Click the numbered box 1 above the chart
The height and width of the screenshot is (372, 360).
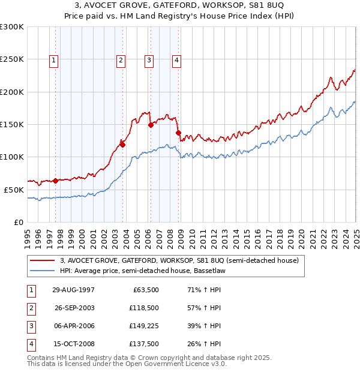[x=54, y=59]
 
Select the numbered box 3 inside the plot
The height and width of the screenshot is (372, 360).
[x=148, y=59]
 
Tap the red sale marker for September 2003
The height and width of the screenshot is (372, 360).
[x=122, y=144]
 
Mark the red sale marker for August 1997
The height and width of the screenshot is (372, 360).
[x=56, y=181]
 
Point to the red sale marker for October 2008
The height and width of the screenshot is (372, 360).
[x=178, y=133]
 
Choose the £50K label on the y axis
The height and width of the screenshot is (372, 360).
[x=14, y=190]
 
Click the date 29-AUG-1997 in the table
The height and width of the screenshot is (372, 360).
[x=73, y=290]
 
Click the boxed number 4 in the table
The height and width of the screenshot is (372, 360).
[x=31, y=344]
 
